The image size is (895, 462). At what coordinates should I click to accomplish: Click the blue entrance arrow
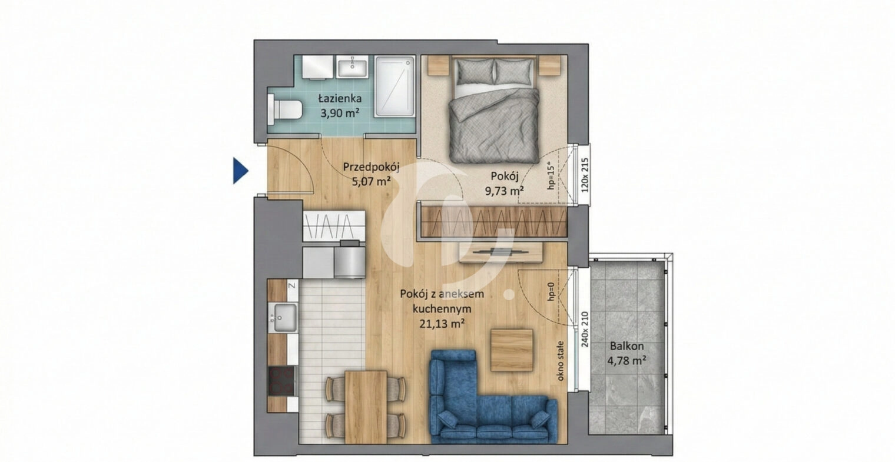(x=240, y=171)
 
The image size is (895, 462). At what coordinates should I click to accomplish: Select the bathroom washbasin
(x=353, y=67)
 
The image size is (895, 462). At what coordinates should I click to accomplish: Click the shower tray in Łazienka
(x=395, y=87)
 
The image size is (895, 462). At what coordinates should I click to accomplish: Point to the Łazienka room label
(x=340, y=98)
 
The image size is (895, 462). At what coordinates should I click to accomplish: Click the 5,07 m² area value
(x=371, y=182)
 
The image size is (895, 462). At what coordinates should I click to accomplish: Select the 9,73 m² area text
(x=504, y=191)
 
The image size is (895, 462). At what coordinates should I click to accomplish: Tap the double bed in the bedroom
(x=495, y=110)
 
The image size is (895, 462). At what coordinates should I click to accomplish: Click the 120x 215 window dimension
(x=585, y=175)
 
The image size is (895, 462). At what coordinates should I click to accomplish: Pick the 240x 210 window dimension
(x=585, y=329)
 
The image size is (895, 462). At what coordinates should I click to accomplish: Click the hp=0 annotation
(x=551, y=291)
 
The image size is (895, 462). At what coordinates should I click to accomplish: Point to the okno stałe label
(x=560, y=361)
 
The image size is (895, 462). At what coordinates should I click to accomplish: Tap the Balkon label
(x=627, y=346)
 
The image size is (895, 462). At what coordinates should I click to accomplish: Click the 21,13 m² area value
(x=442, y=324)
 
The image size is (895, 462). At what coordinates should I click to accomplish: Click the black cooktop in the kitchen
(x=281, y=381)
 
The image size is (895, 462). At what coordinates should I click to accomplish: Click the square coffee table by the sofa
(x=512, y=350)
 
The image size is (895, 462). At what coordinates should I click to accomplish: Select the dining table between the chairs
(x=366, y=407)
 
